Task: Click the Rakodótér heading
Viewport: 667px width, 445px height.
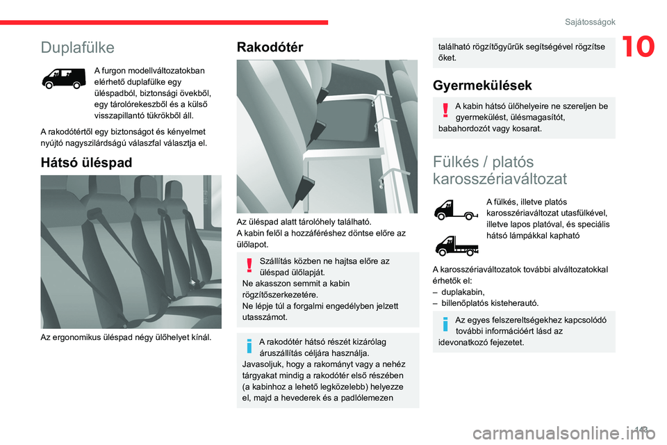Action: (x=270, y=47)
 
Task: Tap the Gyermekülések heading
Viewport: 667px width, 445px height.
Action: (x=482, y=86)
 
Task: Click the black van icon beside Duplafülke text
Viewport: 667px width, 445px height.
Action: (x=64, y=78)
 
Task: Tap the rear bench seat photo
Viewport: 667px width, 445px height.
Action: (x=131, y=252)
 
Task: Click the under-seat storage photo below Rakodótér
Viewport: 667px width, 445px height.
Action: (x=327, y=136)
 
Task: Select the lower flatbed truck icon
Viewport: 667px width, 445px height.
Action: (x=454, y=244)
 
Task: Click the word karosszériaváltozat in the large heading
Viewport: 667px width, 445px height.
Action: (x=500, y=178)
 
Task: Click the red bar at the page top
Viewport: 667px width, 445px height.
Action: (x=164, y=22)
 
